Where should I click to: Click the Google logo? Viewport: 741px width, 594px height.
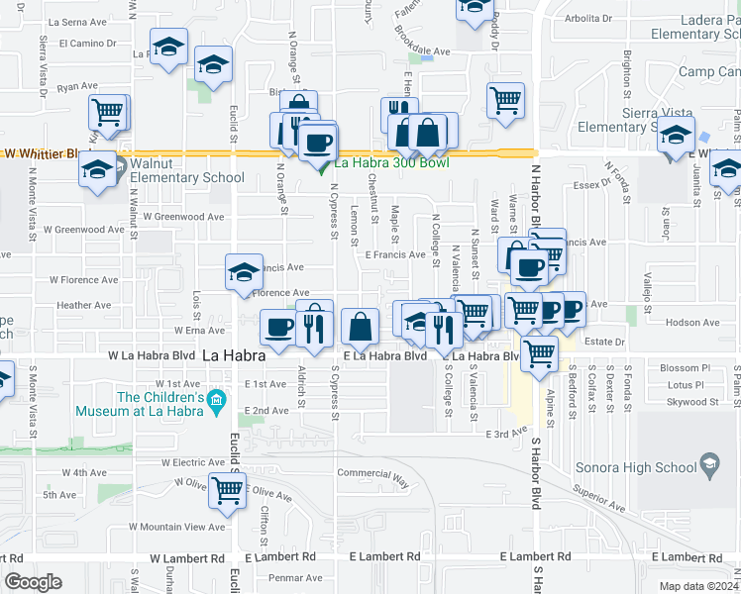click(x=33, y=582)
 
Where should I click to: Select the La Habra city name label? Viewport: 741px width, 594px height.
click(x=234, y=354)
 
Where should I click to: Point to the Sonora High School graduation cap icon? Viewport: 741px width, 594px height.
click(x=709, y=462)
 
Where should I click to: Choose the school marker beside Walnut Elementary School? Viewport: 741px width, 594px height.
click(x=99, y=170)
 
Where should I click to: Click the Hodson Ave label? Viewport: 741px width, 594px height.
click(x=691, y=323)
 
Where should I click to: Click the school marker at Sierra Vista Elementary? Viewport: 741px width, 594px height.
click(x=677, y=138)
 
